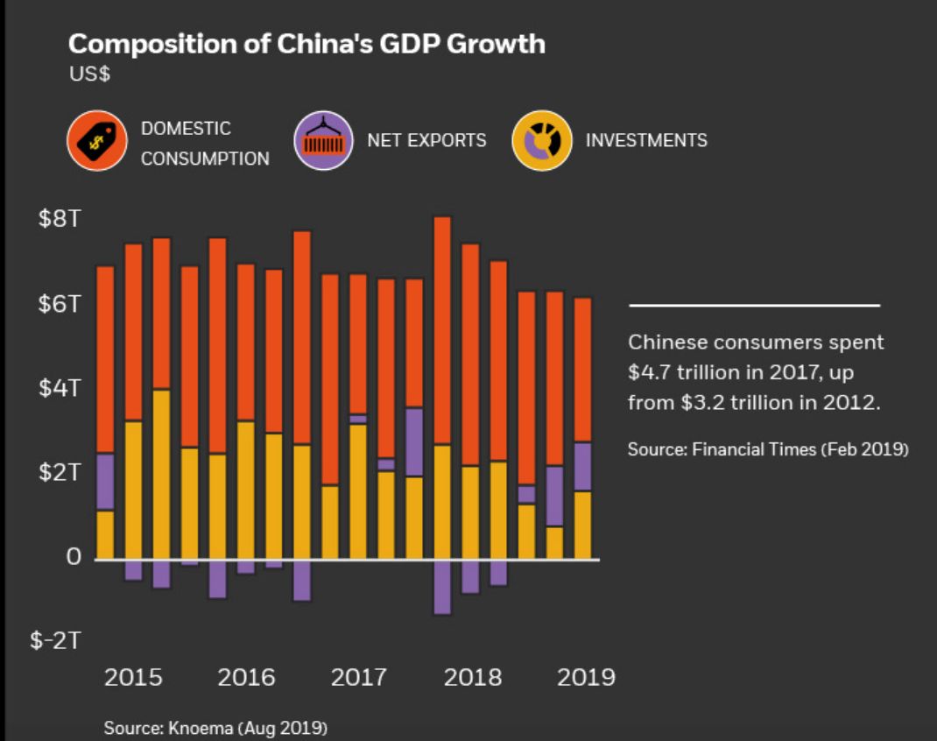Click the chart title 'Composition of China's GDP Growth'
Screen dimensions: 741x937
306,45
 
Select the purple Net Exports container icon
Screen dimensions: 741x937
323,141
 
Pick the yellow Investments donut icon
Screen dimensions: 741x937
541,141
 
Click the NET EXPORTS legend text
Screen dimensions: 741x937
426,140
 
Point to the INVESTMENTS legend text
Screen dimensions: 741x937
646,140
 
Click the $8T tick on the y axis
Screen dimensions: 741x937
59,219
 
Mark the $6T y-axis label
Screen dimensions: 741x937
59,304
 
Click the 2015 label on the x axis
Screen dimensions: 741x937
133,677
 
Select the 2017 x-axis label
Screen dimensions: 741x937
358,677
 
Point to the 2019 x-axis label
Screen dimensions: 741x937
586,677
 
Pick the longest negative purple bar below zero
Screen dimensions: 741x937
442,587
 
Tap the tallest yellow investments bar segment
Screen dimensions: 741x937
161,474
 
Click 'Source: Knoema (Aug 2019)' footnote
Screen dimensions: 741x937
215,728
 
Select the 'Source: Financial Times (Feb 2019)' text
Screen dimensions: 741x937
768,449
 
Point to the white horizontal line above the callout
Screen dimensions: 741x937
754,306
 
